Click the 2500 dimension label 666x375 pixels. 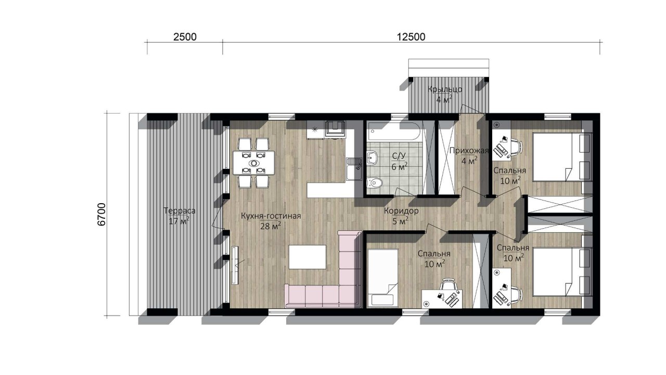click(185, 37)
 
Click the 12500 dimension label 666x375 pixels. click(411, 37)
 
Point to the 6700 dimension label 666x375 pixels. click(101, 215)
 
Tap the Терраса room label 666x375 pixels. click(180, 211)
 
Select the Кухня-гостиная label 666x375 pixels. click(271, 216)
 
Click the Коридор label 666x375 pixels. click(401, 211)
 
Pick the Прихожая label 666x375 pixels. click(469, 151)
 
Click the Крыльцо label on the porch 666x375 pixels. click(445, 89)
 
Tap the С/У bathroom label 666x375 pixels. click(399, 156)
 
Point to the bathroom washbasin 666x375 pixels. click(372, 157)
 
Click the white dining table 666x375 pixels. click(253, 163)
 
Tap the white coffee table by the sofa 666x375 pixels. click(308, 257)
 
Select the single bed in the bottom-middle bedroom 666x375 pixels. click(382, 278)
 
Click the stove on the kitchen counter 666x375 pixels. click(335, 129)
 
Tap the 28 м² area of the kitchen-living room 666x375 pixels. click(271, 226)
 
